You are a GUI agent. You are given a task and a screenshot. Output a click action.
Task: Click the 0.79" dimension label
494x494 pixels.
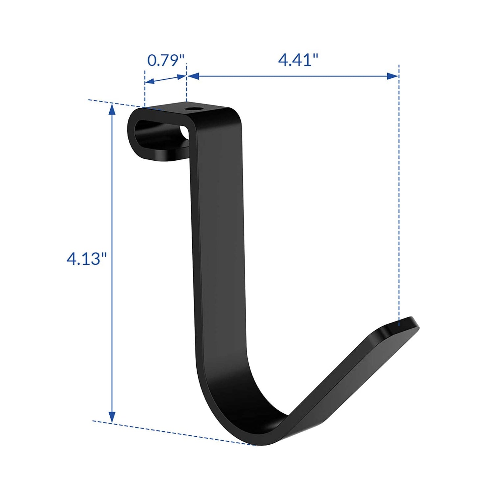pyautogui.click(x=165, y=61)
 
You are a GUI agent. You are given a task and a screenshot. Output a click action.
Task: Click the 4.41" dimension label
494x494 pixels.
pyautogui.click(x=298, y=60)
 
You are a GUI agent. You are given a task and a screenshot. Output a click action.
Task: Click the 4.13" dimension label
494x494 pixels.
pyautogui.click(x=87, y=259)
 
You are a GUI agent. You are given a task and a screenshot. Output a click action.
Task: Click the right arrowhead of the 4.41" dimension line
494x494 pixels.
pyautogui.click(x=393, y=76)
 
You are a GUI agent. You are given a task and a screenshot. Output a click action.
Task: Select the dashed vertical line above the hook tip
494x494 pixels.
pyautogui.click(x=399, y=198)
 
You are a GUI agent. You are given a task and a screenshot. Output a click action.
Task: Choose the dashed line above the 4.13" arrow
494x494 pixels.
pyautogui.click(x=115, y=103)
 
